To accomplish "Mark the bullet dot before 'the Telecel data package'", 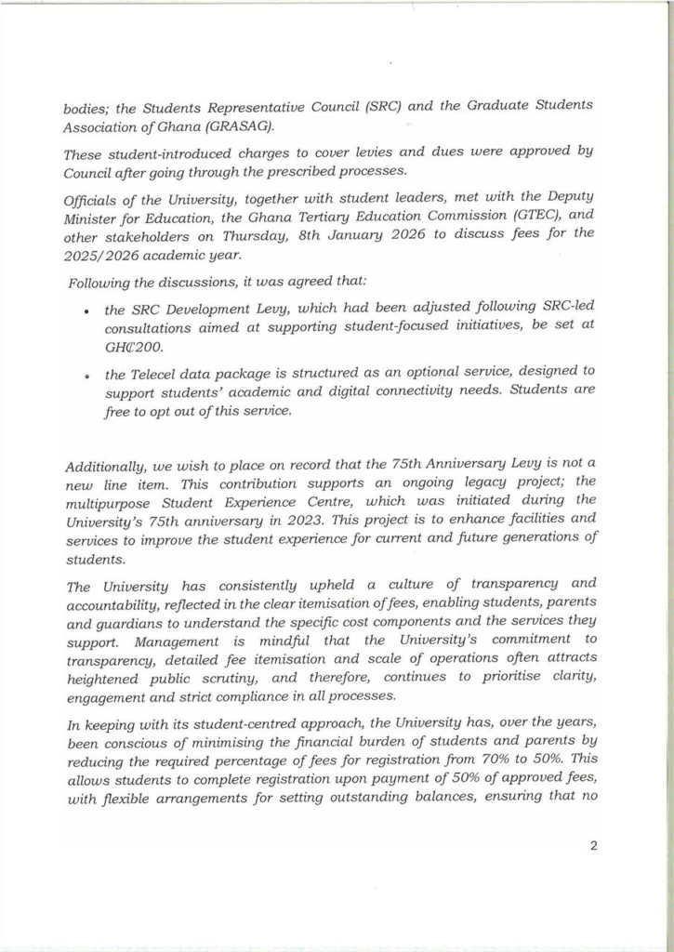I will click(x=86, y=374).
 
